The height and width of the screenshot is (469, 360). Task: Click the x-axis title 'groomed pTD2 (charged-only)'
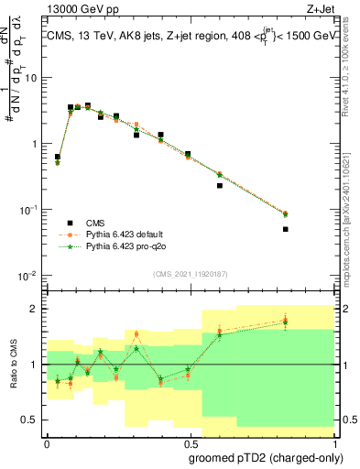point(267,456)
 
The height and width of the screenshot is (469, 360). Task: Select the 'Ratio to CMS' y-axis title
point(13,365)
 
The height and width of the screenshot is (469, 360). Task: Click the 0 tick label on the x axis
point(46,442)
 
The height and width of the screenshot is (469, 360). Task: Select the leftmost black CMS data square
point(58,157)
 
